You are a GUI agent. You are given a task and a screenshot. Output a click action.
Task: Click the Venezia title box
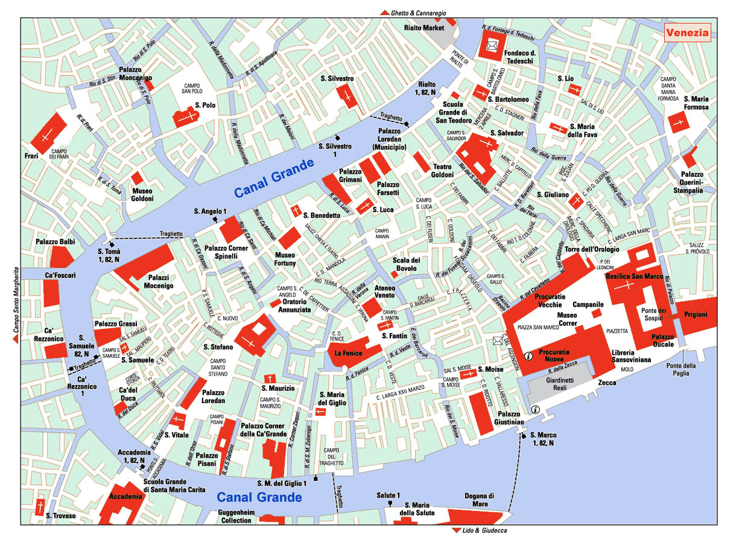[687, 33]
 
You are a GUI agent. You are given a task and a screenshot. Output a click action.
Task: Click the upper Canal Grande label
[274, 178]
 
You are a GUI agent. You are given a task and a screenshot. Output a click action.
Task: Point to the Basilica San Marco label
[634, 276]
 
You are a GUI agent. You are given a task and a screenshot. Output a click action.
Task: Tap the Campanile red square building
[597, 313]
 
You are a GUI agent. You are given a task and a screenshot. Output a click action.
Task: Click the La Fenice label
[347, 353]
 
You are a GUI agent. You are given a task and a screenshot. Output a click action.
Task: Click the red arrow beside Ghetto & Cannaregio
[384, 13]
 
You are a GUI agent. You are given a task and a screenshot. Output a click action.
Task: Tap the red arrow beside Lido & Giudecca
[455, 531]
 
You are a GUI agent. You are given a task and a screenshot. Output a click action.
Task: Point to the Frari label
[32, 156]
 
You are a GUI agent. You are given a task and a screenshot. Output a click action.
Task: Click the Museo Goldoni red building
[137, 178]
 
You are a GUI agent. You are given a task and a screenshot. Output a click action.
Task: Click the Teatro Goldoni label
[443, 171]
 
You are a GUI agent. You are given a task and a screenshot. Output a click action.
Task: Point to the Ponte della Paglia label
[681, 370]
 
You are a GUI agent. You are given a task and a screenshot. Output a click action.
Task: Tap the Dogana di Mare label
[480, 500]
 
